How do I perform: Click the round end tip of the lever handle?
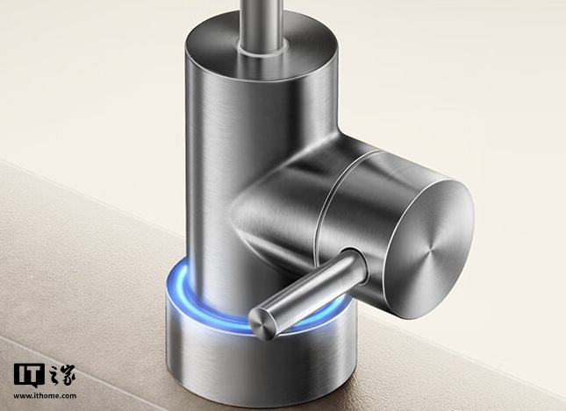tap(263, 322)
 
